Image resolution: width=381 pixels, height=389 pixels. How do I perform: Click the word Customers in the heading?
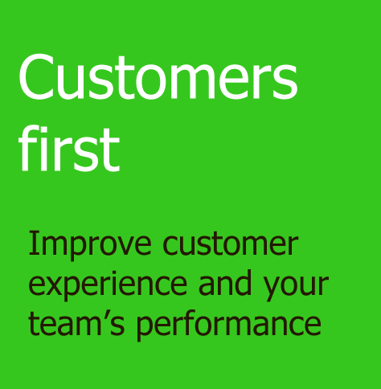pos(158,77)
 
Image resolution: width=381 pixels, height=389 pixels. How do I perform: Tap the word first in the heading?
pos(69,148)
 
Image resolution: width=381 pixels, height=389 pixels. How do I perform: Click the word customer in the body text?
pos(230,244)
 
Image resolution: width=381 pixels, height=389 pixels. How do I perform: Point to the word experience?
pos(108,285)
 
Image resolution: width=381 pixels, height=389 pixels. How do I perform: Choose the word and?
pos(224,282)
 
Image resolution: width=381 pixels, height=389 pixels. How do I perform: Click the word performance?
pos(228,326)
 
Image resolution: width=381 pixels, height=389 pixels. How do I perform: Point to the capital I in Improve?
pos(32,243)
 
